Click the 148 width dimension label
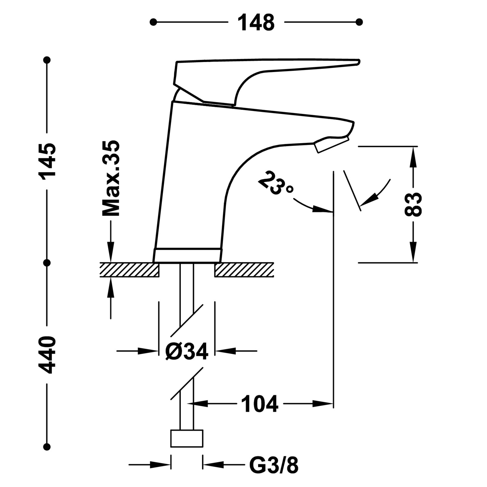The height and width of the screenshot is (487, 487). coord(256,22)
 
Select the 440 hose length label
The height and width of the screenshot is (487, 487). coord(47,355)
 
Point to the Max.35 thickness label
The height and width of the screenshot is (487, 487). coord(111,179)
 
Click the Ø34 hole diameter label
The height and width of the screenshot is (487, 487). coord(186,351)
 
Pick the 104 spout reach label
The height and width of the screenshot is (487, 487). coord(259,404)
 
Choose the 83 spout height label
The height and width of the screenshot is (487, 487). coord(413,204)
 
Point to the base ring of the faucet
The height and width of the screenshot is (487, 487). coord(188,255)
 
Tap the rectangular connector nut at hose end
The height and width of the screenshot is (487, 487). coord(187,438)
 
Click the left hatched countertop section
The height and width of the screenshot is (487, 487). coord(129,270)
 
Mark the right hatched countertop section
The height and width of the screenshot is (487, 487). coord(244,270)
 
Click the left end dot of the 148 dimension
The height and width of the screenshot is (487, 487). coord(153,22)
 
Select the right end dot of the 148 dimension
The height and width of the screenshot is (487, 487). coord(359,22)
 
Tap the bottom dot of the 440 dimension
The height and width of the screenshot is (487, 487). coord(47,447)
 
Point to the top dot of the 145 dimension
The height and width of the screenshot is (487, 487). coord(47,60)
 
